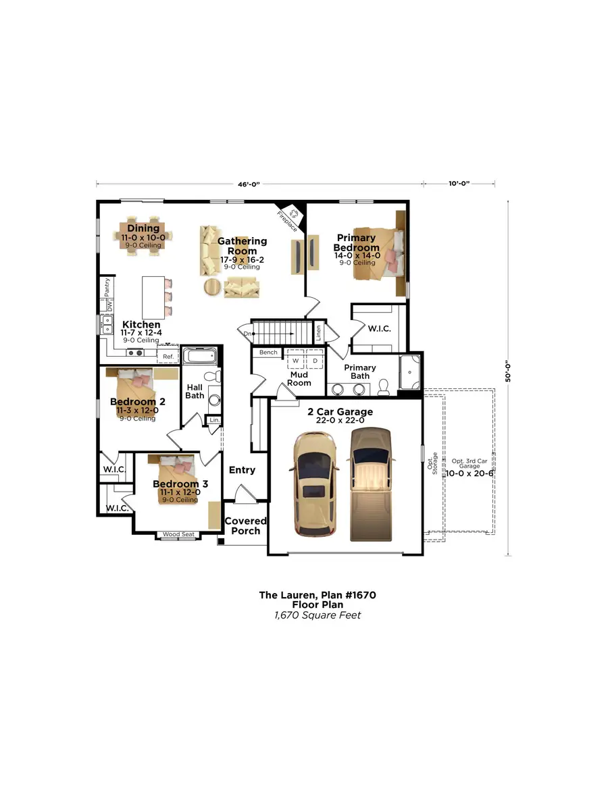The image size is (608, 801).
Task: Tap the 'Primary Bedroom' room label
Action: (x=356, y=242)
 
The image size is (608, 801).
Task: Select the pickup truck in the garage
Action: (x=370, y=484)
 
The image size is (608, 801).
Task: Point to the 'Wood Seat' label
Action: (x=178, y=534)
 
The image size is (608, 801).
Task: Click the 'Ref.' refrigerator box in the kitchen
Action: (x=168, y=356)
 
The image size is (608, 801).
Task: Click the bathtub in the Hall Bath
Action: (x=200, y=356)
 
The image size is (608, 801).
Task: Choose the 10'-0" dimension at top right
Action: (x=458, y=183)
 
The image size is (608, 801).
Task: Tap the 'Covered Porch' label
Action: (x=245, y=525)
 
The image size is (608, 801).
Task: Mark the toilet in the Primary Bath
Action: (x=384, y=386)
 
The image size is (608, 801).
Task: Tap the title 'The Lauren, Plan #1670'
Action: (x=317, y=595)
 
